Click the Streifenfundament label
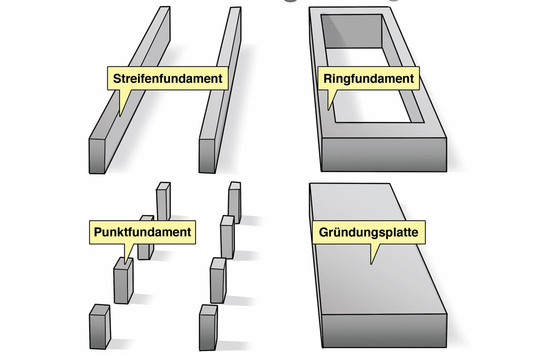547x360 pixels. [167, 78]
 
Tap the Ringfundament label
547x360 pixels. [369, 78]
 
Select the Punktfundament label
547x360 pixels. [142, 232]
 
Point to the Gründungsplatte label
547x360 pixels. [369, 232]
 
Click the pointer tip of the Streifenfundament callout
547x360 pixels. [120, 116]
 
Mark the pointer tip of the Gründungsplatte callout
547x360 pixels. [371, 264]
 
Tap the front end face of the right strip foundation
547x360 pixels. [207, 156]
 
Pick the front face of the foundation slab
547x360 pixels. [383, 330]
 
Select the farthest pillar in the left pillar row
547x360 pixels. [163, 201]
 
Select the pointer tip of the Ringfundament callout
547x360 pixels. [329, 110]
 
